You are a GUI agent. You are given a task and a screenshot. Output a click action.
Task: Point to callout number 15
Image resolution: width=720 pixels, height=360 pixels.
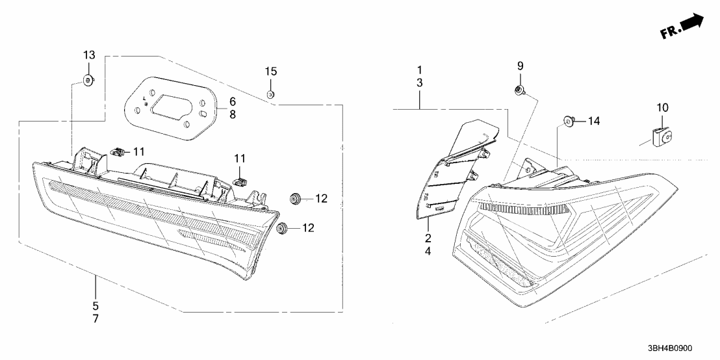point(271,70)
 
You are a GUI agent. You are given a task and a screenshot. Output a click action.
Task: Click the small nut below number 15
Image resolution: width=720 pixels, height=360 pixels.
point(271,94)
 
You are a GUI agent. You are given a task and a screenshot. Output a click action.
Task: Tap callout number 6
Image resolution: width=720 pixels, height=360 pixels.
point(233,102)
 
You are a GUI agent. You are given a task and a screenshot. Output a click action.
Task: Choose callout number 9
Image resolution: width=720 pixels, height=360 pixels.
point(520,66)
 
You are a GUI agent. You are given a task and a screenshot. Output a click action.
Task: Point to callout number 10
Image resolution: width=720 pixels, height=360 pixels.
point(662,107)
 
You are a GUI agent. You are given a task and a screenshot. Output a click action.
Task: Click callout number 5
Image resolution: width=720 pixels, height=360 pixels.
point(95,305)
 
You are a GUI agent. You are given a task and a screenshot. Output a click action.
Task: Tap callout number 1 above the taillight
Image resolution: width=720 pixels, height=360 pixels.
point(420,70)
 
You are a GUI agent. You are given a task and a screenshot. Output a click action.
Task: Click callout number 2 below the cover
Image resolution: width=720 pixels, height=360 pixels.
point(428,237)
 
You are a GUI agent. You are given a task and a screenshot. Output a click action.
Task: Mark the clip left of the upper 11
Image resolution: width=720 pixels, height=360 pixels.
point(117,152)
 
